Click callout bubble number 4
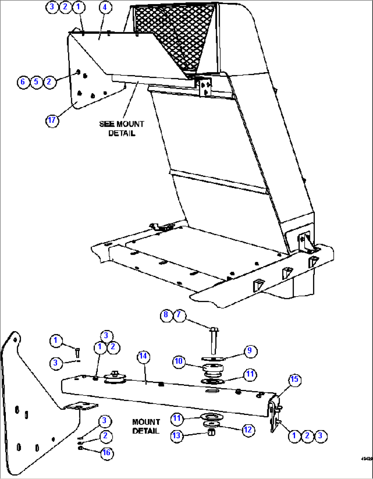click(x=105, y=7)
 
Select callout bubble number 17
click(x=52, y=120)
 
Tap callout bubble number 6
click(x=23, y=82)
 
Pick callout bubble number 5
click(x=36, y=82)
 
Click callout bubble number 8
click(x=166, y=315)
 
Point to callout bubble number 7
click(x=179, y=315)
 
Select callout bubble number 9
click(x=250, y=351)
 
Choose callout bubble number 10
click(x=179, y=362)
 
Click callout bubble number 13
click(x=177, y=436)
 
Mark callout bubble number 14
click(x=143, y=356)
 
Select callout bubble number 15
click(x=294, y=380)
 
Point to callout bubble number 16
click(x=106, y=453)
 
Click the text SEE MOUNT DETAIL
click(x=121, y=128)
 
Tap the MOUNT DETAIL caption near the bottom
click(x=146, y=426)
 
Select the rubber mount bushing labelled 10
click(x=213, y=370)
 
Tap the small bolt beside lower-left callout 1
click(x=77, y=352)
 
